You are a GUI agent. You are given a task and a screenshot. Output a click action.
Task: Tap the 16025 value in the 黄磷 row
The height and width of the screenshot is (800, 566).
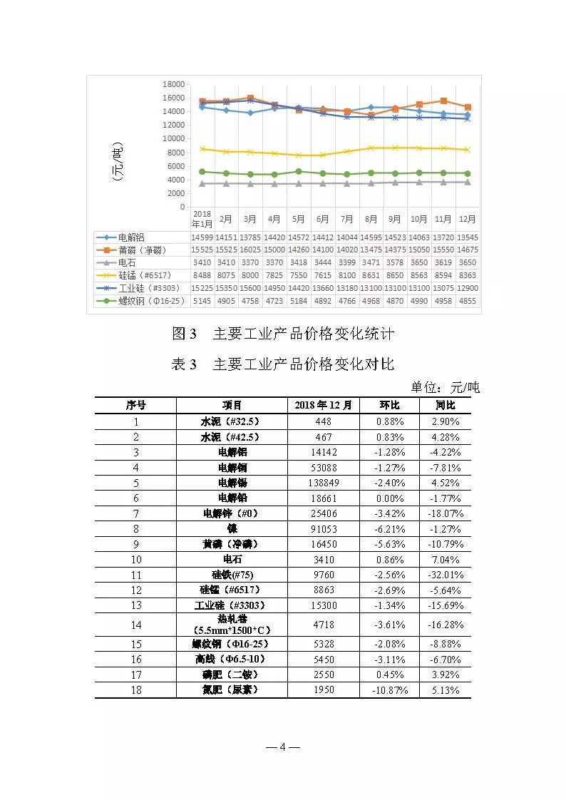tap(250, 250)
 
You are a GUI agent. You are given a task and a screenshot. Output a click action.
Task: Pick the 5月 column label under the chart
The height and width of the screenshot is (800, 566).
tap(299, 219)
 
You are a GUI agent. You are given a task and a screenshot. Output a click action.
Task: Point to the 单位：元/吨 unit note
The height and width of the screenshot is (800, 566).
tap(445, 388)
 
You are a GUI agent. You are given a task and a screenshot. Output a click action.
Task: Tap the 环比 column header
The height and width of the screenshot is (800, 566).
tap(390, 405)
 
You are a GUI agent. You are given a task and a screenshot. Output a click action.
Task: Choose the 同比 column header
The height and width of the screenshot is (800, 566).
tap(446, 405)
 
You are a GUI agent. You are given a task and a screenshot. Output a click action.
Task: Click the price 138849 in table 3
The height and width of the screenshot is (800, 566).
tap(323, 483)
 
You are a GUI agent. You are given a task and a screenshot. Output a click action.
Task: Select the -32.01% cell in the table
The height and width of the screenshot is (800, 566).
tap(446, 575)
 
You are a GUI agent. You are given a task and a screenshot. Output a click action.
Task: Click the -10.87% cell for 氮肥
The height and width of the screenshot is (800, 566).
tap(390, 690)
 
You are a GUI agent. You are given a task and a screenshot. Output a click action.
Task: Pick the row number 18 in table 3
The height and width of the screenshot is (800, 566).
tap(136, 690)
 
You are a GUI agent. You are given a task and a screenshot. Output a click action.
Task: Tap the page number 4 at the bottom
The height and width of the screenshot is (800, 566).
tap(282, 747)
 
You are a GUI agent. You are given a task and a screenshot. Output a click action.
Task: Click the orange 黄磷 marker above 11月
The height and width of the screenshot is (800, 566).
tap(443, 101)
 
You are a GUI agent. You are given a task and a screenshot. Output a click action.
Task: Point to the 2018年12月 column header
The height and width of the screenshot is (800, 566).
tap(323, 405)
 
